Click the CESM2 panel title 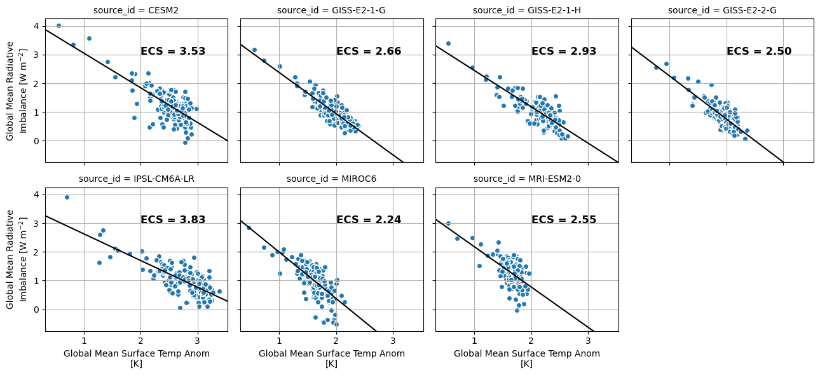coord(136,10)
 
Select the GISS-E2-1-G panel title coord(331,10)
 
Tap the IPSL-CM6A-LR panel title coord(136,179)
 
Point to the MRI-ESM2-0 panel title coord(526,179)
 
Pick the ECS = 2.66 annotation coord(369,51)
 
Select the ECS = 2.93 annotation coord(564,51)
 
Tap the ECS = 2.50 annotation coord(759,51)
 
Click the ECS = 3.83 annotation coord(173,220)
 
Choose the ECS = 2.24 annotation coord(369,220)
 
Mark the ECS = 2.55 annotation coord(564,220)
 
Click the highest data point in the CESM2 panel coord(58,26)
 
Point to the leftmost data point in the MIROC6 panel coord(249,228)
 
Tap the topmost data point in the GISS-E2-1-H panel coord(448,44)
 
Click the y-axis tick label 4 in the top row coord(37,26)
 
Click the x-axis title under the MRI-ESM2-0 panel coord(526,358)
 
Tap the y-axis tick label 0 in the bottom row coord(37,310)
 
